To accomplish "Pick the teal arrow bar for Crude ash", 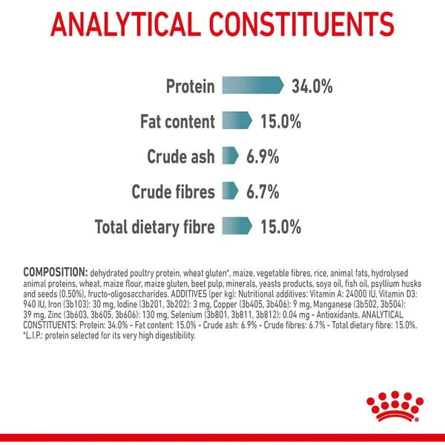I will pyautogui.click(x=230, y=156).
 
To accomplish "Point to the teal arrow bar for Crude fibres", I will pyautogui.click(x=230, y=191).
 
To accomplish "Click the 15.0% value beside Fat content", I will pyautogui.click(x=281, y=121).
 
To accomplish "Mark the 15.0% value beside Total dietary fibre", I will pyautogui.click(x=281, y=227).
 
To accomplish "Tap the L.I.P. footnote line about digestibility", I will pyautogui.click(x=109, y=336).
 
